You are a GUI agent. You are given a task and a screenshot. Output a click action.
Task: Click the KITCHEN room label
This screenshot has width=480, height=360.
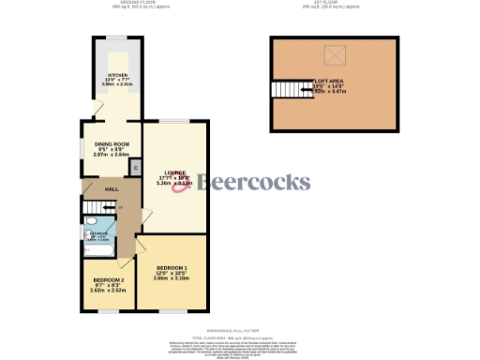pos(116,74)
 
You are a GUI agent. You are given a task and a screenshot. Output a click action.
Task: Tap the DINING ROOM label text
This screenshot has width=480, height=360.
pos(112,142)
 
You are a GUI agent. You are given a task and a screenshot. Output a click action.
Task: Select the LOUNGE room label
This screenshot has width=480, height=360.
pos(174,172)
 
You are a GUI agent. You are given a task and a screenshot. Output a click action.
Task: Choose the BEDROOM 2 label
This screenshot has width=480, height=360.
pos(109,279)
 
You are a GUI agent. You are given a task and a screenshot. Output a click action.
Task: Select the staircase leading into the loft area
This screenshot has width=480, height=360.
pos(285,91)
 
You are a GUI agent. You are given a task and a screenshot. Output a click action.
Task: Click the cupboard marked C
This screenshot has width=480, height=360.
pos(135,167)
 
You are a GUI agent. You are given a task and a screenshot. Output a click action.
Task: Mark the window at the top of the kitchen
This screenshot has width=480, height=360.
pos(116,37)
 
